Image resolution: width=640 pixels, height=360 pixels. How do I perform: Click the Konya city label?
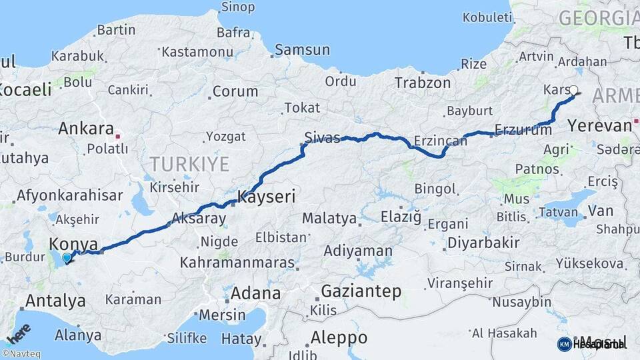(x=74, y=243)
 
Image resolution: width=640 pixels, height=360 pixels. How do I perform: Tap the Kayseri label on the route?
(x=266, y=197)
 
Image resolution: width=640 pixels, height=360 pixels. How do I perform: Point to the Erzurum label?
(x=523, y=130)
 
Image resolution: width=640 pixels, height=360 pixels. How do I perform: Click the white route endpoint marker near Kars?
(x=573, y=89)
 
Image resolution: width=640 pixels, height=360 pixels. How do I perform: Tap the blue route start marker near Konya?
(x=66, y=257)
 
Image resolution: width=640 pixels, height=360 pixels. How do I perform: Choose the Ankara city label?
(x=86, y=128)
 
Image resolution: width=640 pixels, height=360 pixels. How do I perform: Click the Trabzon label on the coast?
(x=423, y=83)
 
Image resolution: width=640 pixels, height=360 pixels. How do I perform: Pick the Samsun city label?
(x=302, y=49)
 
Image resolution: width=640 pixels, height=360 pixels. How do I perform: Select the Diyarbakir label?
(x=483, y=243)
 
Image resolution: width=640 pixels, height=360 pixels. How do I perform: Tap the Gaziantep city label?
(x=361, y=291)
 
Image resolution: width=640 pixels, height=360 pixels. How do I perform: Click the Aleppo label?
(x=339, y=337)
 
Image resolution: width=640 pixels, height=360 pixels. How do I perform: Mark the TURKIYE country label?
(x=189, y=164)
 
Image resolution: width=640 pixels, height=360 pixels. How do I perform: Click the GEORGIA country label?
(x=598, y=18)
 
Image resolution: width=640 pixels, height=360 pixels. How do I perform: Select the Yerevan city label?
(x=599, y=125)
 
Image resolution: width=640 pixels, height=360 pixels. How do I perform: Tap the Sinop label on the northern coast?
(x=237, y=7)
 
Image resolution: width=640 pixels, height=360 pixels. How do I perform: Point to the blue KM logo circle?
(x=564, y=344)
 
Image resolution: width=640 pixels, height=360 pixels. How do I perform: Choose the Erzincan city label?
(x=440, y=141)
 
